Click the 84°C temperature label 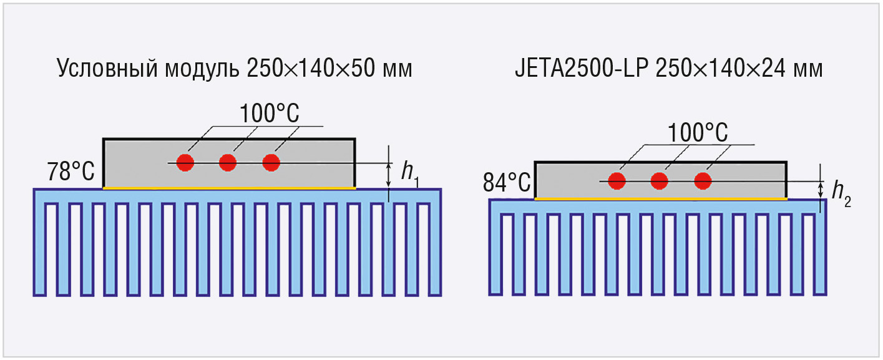(x=507, y=183)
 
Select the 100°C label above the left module (x=270, y=114)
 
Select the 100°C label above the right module (x=698, y=132)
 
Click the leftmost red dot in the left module (x=185, y=163)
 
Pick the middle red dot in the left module (x=228, y=163)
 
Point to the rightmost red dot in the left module (x=270, y=163)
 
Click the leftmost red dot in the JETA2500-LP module (x=617, y=181)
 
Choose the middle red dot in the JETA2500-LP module (x=660, y=181)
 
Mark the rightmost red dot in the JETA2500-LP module (x=703, y=181)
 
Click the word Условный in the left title (x=97, y=69)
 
